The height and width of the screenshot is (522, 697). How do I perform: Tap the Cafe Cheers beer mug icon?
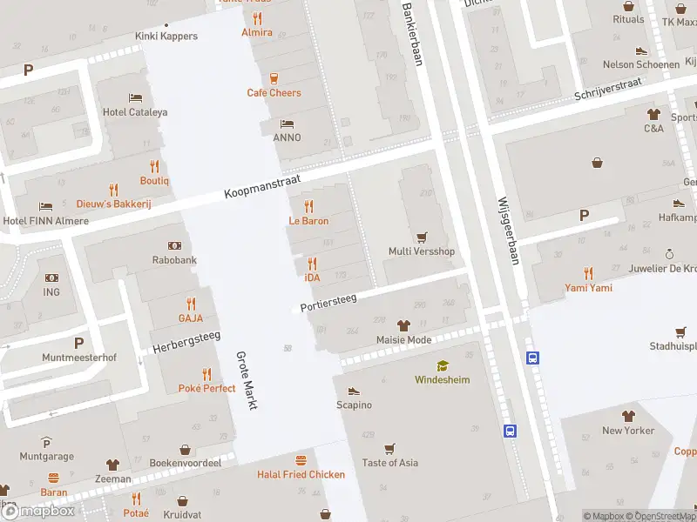(274, 77)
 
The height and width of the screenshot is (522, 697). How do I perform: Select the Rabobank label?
(174, 260)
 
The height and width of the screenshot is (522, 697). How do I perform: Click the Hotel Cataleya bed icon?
(135, 97)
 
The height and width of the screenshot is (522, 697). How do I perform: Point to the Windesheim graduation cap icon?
(443, 366)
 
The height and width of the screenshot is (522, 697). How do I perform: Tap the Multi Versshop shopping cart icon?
(422, 237)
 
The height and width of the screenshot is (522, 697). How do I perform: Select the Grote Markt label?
(248, 380)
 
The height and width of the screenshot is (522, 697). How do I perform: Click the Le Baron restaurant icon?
(308, 206)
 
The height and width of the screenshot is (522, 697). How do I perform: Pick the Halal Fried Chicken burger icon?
(301, 459)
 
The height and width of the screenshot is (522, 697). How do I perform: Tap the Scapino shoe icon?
(354, 391)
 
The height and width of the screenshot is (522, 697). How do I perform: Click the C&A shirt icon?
(653, 113)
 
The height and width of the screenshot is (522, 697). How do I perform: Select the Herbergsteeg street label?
(186, 343)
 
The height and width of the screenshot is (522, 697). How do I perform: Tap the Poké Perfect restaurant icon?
(206, 374)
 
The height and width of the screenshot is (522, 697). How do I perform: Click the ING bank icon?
(51, 278)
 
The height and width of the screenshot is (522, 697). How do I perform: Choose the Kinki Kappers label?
(166, 37)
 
